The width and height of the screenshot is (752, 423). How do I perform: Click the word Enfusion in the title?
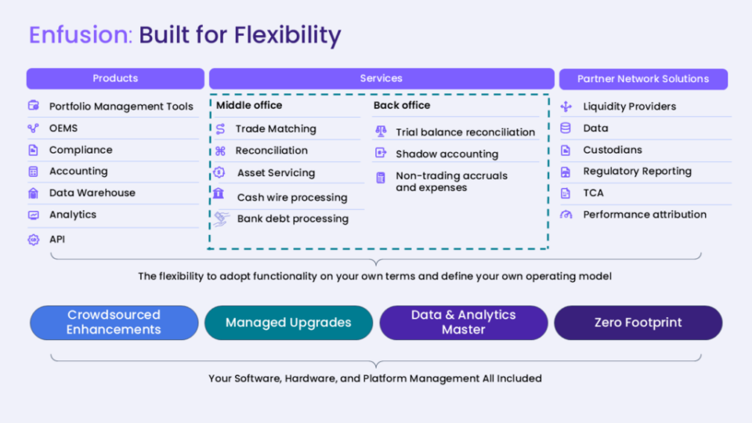(x=81, y=35)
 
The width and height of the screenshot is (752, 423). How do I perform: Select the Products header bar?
(x=115, y=78)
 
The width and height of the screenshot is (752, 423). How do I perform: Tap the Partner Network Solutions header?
(x=643, y=79)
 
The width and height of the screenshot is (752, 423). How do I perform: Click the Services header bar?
(x=381, y=78)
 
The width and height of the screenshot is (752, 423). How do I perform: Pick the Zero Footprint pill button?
(x=638, y=323)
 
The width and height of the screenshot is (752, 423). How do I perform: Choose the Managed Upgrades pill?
(x=288, y=323)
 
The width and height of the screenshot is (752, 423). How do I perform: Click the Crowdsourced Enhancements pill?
(x=114, y=323)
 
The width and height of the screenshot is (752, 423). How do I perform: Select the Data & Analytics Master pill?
(x=463, y=323)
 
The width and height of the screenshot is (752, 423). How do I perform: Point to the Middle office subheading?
(x=249, y=106)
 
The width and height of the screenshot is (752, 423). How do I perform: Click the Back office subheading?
(x=402, y=106)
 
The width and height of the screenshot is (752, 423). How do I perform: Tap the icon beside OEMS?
(x=33, y=128)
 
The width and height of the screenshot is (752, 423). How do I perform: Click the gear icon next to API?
(x=33, y=240)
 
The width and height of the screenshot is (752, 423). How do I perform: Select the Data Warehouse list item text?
(x=92, y=193)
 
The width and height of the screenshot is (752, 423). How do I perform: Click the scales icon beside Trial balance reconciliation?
(x=381, y=131)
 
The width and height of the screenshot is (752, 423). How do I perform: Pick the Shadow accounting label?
(x=447, y=154)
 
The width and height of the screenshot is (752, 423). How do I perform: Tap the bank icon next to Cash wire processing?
(x=219, y=193)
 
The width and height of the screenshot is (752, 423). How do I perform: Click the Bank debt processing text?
(x=292, y=219)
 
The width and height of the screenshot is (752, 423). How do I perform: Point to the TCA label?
(x=593, y=193)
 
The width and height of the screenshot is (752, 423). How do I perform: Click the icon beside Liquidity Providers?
(x=566, y=107)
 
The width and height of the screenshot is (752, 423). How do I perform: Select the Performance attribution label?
(x=645, y=215)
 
